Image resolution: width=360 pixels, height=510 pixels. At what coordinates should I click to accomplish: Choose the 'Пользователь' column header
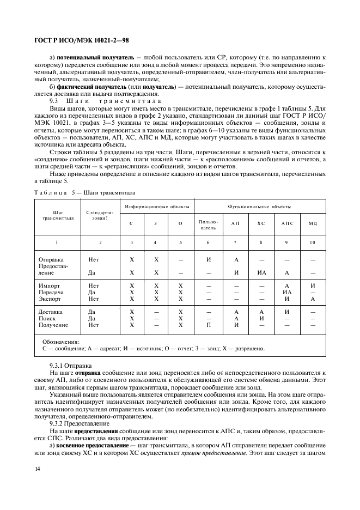click(x=208, y=224)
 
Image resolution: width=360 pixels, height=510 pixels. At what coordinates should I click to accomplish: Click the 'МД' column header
click(x=312, y=224)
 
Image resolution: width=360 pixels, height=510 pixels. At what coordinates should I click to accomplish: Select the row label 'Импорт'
click(x=50, y=285)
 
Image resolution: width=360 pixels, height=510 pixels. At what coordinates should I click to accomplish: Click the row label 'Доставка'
click(x=51, y=312)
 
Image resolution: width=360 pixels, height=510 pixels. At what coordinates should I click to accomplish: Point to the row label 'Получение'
click(x=53, y=325)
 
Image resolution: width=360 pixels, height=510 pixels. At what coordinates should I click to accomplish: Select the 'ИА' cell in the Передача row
click(x=287, y=292)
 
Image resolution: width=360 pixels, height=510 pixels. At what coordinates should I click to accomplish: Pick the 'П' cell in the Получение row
click(x=208, y=325)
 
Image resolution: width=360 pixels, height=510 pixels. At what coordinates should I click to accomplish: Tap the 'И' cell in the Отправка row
click(x=208, y=259)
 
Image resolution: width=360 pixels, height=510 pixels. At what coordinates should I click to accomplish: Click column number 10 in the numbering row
click(x=312, y=242)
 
